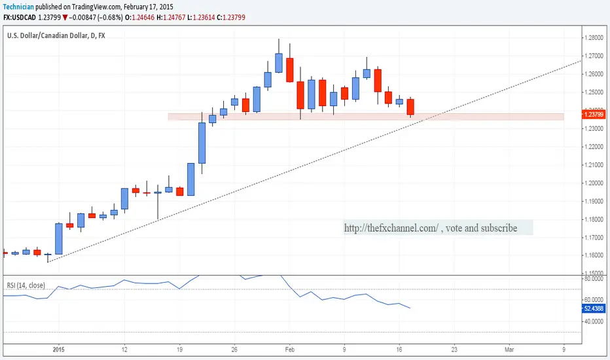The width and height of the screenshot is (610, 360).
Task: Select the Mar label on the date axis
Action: [509, 351]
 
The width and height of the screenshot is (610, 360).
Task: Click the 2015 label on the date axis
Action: [59, 351]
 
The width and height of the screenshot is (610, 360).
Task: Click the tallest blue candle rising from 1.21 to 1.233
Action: [202, 143]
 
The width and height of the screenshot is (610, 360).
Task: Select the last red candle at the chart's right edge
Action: [410, 107]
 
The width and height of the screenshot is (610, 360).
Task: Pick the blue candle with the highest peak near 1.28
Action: [279, 62]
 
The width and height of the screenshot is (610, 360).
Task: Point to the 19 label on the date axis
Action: [179, 351]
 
